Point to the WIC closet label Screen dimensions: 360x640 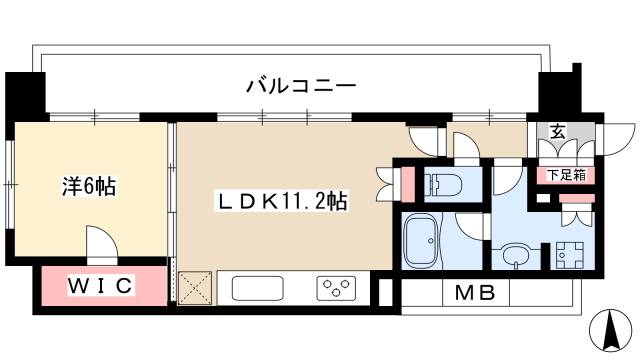click(x=100, y=287)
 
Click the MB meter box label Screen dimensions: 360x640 click(x=478, y=294)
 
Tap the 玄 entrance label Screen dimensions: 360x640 click(x=557, y=131)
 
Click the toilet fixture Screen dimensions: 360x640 click(x=444, y=184)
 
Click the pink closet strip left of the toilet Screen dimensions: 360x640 click(x=407, y=184)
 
